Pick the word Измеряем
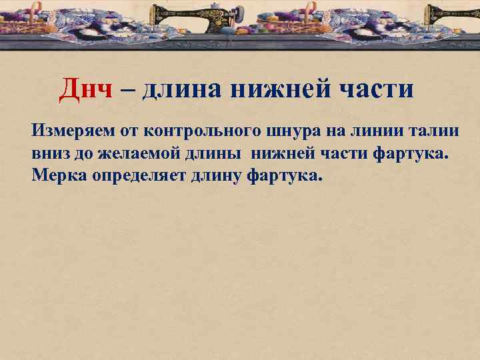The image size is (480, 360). [x=70, y=130]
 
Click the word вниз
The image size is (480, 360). [x=49, y=154]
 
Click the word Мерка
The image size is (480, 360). [x=55, y=177]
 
